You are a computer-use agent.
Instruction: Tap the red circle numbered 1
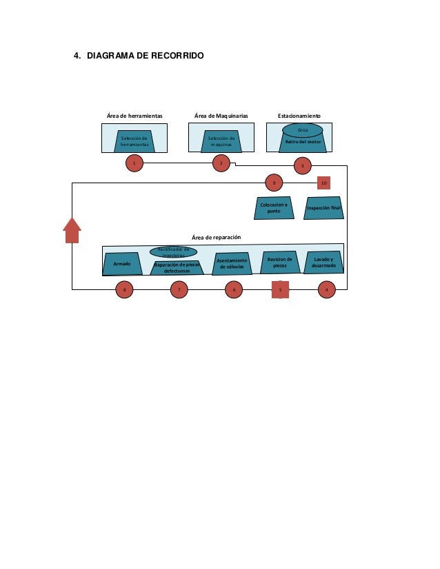pos(134,163)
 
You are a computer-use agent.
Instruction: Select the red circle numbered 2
pos(221,163)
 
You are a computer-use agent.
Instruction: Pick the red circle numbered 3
pos(302,166)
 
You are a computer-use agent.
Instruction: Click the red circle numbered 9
pos(274,183)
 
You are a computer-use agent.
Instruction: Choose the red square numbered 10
pos(324,183)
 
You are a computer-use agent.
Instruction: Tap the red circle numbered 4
pos(326,290)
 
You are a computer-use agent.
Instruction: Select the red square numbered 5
pos(280,290)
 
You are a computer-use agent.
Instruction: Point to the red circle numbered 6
pos(234,290)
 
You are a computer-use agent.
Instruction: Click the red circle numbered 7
pos(179,290)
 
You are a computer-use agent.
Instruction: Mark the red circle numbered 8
pos(124,290)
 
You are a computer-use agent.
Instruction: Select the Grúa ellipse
pos(302,130)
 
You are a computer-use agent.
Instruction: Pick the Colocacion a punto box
pos(274,207)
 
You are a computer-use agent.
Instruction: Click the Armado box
pos(122,264)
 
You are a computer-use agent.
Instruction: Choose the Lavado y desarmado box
pos(323,262)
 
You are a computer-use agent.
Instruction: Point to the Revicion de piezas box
pos(280,262)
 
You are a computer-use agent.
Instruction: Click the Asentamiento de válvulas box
pos(232,263)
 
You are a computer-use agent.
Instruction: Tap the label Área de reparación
pos(216,237)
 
